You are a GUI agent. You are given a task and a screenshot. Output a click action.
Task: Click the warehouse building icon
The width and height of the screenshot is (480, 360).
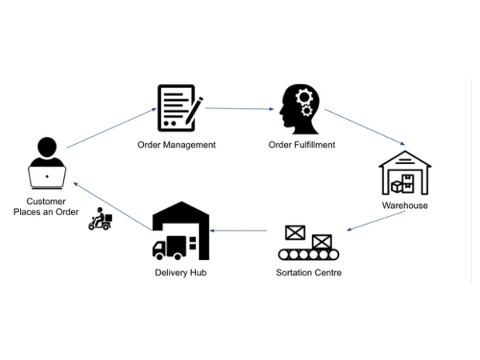[x=405, y=172]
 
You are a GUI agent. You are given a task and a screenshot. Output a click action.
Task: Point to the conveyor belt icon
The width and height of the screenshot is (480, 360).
[x=309, y=243]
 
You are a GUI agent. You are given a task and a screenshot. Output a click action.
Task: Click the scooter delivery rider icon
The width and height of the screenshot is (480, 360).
[x=101, y=220]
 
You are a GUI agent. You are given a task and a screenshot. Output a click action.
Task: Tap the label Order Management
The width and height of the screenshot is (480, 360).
[x=177, y=145]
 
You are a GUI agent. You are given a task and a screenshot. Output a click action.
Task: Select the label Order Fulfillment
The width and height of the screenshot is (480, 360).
[x=302, y=145]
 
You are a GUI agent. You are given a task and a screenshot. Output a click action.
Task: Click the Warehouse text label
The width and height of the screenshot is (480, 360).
[x=405, y=206]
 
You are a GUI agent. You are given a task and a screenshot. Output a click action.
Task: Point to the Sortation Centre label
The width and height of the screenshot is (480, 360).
[x=309, y=273]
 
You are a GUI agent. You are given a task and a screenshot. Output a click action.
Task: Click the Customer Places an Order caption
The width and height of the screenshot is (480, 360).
[x=46, y=206]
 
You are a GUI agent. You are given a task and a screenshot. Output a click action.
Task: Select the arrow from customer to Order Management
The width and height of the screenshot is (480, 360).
[x=111, y=127]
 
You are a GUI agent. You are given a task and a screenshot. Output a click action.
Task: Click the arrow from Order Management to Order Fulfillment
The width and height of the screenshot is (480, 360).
[x=240, y=108]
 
